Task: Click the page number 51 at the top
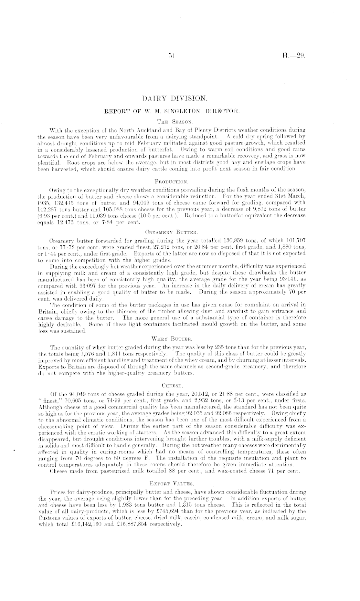171,56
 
